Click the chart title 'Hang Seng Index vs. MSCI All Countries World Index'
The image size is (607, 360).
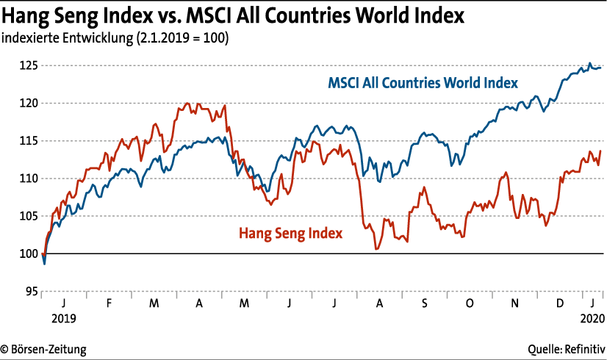tap(234, 15)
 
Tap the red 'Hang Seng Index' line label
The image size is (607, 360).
tap(292, 233)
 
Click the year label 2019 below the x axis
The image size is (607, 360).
tap(62, 320)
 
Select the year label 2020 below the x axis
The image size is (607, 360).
tap(592, 320)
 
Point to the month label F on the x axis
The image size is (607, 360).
tap(109, 303)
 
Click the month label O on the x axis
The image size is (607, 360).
tap(468, 303)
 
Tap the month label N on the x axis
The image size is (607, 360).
tap(514, 303)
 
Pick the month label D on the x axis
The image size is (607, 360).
tap(559, 303)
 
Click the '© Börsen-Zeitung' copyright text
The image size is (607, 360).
tap(43, 349)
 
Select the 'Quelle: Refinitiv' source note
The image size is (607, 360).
tap(567, 349)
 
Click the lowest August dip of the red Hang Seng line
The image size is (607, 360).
tap(376, 249)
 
